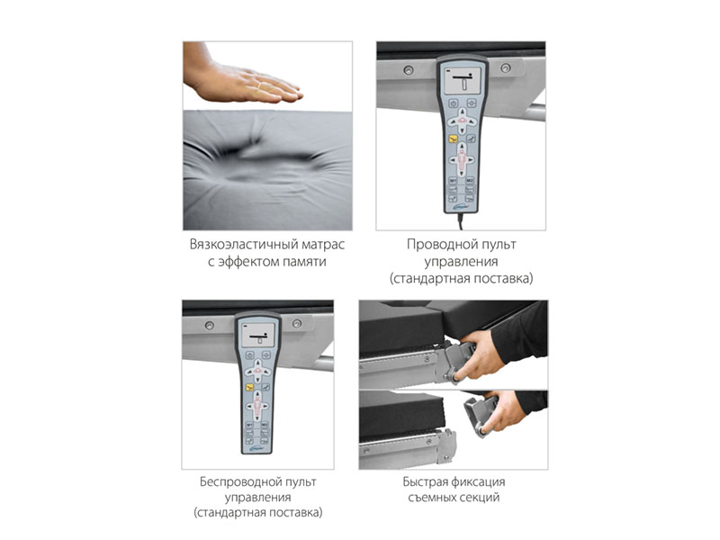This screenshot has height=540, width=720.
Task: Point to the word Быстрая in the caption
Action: click(425, 481)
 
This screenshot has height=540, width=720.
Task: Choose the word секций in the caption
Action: click(479, 498)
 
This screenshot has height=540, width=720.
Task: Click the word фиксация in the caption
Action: click(478, 481)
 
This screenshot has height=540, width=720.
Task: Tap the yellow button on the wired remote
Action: click(454, 139)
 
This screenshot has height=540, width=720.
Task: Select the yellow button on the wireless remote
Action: click(250, 387)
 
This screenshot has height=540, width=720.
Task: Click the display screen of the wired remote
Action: click(463, 81)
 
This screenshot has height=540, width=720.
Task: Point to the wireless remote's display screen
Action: click(258, 334)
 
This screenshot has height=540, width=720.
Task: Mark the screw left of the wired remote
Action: click(408, 70)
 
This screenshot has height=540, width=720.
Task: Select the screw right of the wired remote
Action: click(506, 68)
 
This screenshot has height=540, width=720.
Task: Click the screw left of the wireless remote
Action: click(210, 326)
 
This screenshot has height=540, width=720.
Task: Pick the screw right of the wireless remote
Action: click(297, 324)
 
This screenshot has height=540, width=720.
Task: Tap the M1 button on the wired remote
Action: click(453, 181)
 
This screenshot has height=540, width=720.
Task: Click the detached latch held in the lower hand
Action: click(479, 416)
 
